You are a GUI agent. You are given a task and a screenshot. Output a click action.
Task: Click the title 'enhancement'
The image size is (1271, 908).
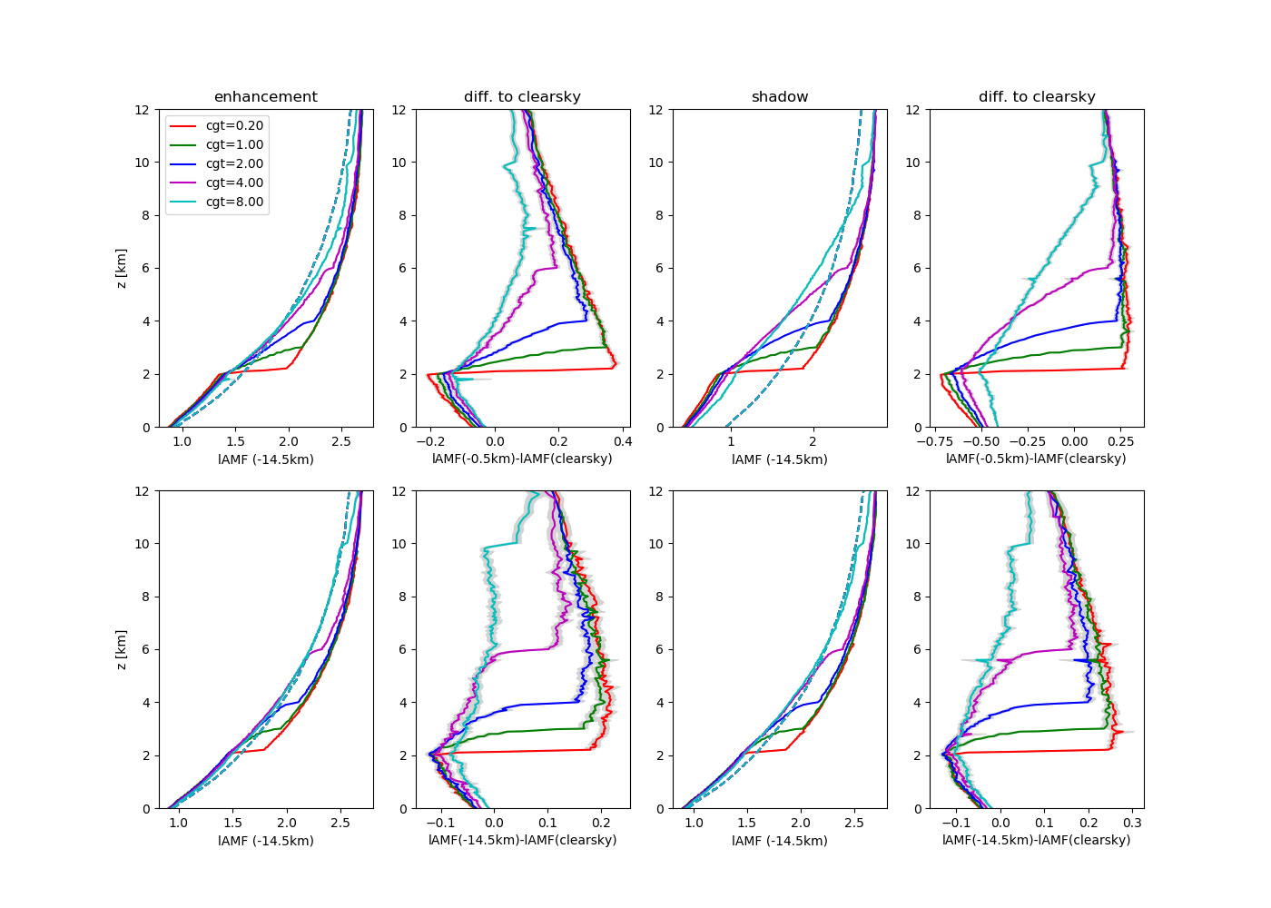[265, 97]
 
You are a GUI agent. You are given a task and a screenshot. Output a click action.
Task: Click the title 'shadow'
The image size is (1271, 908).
[779, 97]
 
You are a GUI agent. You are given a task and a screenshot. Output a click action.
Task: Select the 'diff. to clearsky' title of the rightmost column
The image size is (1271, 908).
[1036, 97]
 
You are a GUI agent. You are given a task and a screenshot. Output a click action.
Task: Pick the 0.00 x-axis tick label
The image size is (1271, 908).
[1074, 441]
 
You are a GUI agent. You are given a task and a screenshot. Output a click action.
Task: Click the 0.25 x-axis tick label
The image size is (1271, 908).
[1120, 441]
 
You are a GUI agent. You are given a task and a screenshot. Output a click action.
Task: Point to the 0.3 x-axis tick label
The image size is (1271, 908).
[1132, 823]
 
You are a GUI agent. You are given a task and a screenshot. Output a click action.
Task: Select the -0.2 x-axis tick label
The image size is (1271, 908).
[429, 441]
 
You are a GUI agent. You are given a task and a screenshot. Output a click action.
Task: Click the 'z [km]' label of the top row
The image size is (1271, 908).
[122, 268]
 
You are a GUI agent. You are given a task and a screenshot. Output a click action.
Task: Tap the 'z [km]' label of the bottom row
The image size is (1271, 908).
[122, 649]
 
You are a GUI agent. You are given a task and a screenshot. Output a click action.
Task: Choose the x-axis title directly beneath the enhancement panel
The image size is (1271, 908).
[265, 459]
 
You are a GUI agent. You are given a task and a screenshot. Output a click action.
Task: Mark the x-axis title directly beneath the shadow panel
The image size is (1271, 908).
[779, 459]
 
